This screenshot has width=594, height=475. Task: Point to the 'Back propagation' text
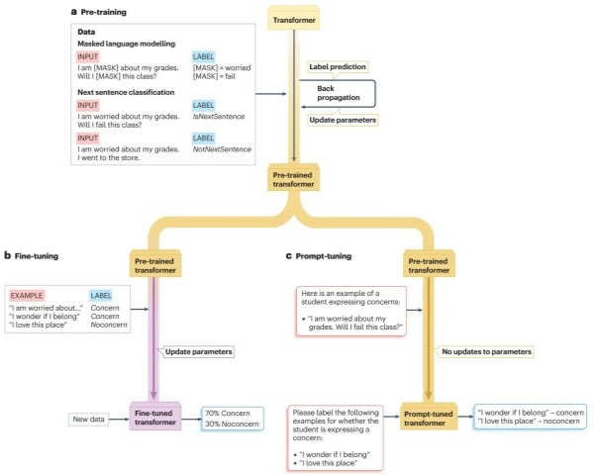334,93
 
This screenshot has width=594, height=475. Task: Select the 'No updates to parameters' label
487,351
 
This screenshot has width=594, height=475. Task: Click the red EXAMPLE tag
30,295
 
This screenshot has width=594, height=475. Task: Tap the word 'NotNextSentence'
223,148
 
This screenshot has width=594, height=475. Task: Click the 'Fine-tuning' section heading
37,256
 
